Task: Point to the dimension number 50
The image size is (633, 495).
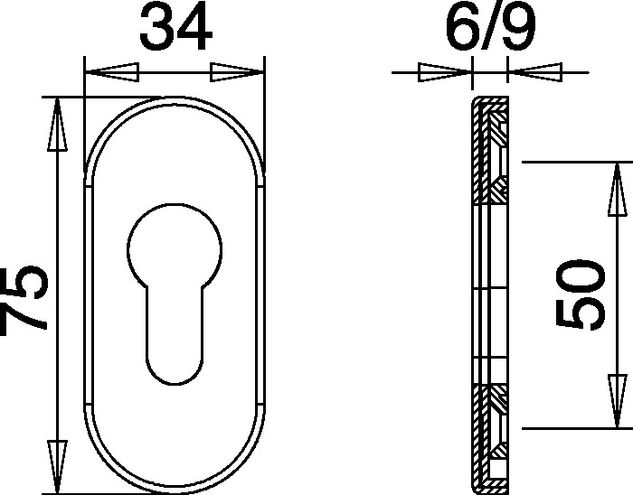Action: pos(581,294)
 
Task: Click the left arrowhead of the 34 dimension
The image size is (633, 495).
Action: pos(112,72)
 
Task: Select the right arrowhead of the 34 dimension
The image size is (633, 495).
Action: pos(237,72)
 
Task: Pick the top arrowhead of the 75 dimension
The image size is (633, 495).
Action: pos(57,124)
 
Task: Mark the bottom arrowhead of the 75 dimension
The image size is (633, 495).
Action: pos(57,467)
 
